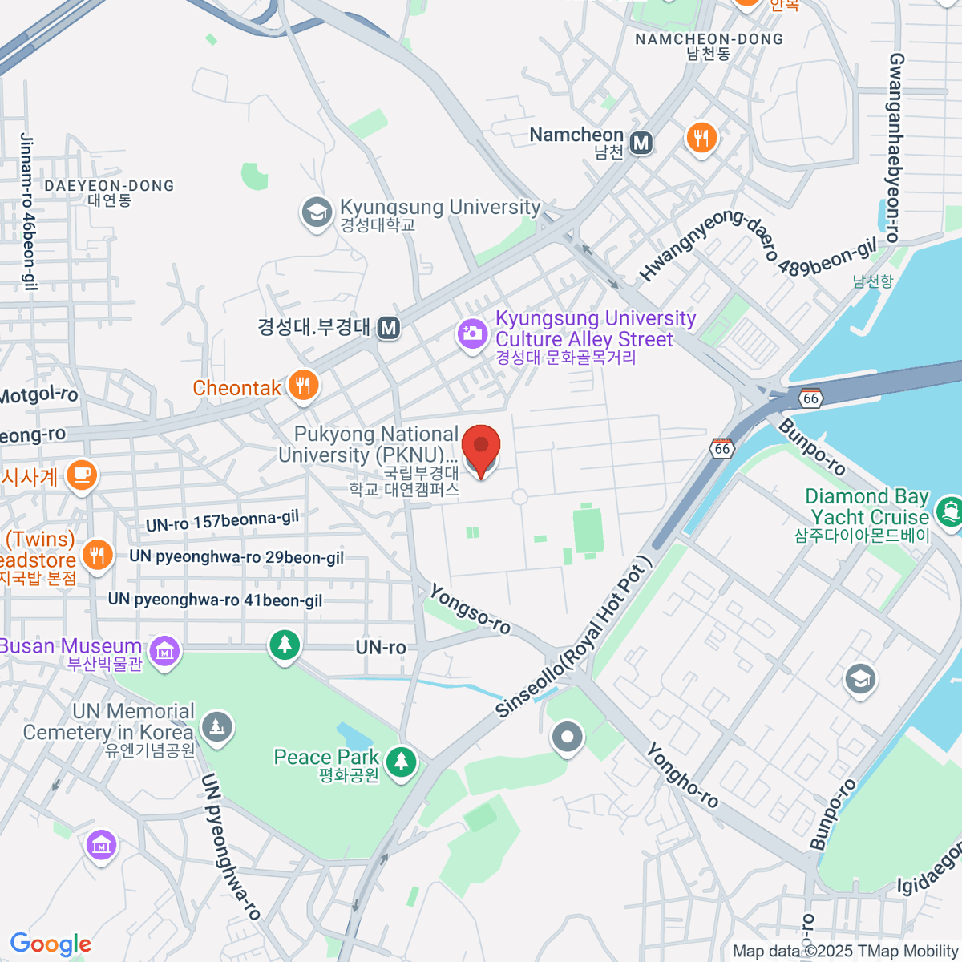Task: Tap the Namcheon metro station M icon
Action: point(641,143)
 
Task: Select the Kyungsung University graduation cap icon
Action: point(317,213)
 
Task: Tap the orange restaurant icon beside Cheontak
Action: point(304,386)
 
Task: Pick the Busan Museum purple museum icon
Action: point(165,650)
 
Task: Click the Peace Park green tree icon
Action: point(401,761)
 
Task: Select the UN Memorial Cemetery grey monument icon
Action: point(216,728)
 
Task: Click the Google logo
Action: point(51,944)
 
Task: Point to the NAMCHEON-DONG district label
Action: point(709,39)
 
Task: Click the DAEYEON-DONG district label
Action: point(109,186)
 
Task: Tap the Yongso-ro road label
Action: point(470,608)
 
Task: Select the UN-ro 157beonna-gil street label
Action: point(222,521)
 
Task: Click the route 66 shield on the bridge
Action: point(811,398)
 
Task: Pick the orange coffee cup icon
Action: point(81,475)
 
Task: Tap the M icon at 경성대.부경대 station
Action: point(389,328)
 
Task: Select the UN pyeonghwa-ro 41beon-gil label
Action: point(215,600)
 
